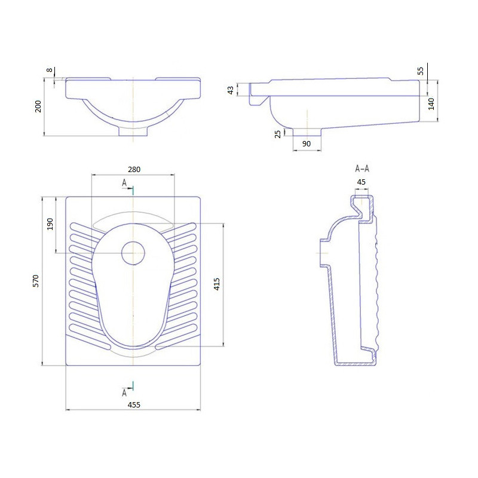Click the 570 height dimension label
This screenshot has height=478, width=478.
tap(36, 281)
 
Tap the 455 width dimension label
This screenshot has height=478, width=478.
tap(134, 405)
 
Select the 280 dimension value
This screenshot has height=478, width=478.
tap(134, 170)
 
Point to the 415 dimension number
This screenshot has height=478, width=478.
tap(217, 284)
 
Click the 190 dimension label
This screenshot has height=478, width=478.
tap(50, 224)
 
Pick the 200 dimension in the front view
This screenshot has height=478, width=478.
tap(38, 106)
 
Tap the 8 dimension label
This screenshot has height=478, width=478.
tap(50, 70)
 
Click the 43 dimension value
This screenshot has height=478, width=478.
tap(231, 90)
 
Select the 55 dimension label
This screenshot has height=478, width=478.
tap(421, 71)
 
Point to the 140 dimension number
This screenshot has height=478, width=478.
tap(431, 104)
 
